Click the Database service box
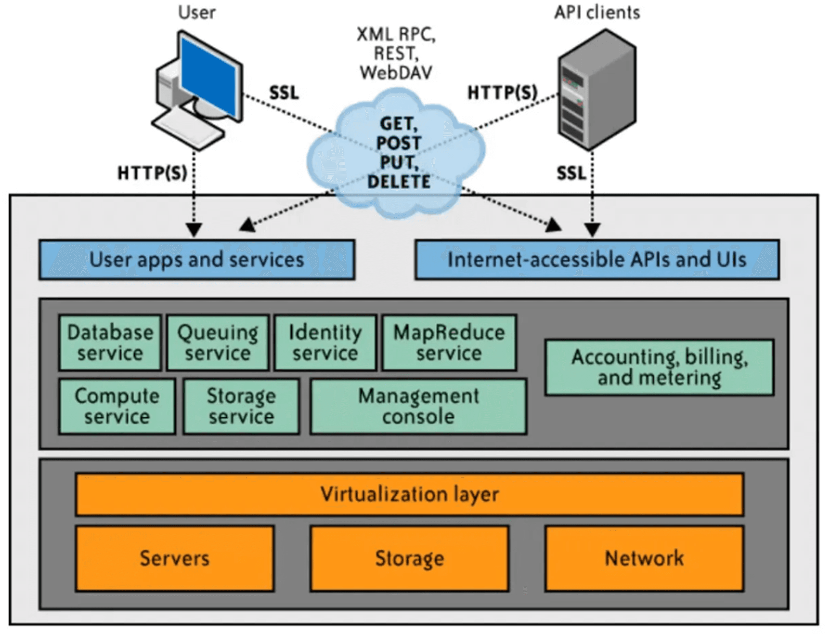(110, 343)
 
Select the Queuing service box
(218, 343)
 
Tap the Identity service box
(325, 343)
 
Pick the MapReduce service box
(449, 343)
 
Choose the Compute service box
(117, 407)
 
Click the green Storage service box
(241, 407)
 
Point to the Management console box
(418, 407)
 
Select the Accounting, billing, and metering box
(659, 367)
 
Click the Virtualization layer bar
(410, 494)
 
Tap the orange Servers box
(175, 558)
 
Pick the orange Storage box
(410, 558)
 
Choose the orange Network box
(644, 558)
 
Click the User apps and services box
(197, 260)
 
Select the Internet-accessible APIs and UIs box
(597, 260)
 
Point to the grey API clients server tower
(597, 89)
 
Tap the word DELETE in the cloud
(399, 182)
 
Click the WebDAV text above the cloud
(396, 73)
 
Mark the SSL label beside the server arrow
(571, 173)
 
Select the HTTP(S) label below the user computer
(152, 173)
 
